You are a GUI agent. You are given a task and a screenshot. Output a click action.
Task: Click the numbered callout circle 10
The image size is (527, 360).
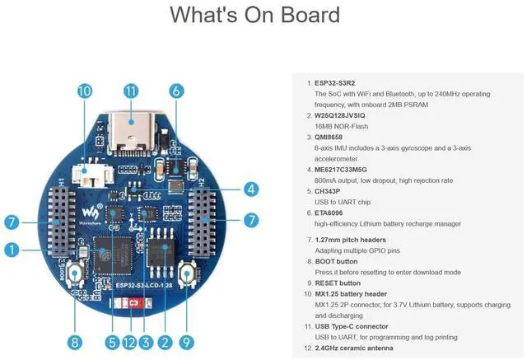[x=84, y=92]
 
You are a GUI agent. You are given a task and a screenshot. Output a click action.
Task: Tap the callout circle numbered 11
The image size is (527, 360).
[x=130, y=92]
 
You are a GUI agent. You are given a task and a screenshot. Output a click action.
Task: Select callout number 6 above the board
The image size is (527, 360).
[x=176, y=92]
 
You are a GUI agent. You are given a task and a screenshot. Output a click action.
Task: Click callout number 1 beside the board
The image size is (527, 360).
[x=11, y=249]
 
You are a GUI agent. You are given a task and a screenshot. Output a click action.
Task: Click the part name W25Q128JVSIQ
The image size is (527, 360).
[x=344, y=116]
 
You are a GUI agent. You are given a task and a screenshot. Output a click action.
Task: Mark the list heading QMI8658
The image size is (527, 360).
[x=333, y=138]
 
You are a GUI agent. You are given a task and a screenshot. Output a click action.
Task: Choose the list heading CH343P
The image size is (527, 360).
[x=331, y=191]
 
